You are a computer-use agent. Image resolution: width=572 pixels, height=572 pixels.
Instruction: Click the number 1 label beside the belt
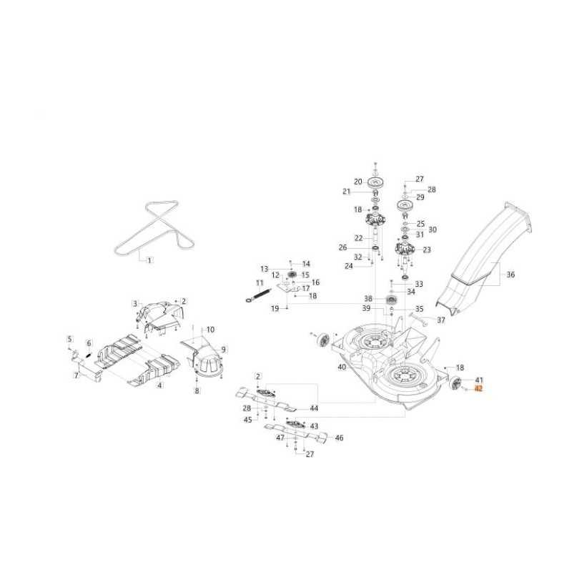pyautogui.click(x=149, y=260)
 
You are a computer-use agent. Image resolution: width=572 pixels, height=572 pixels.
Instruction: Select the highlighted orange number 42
pyautogui.click(x=479, y=389)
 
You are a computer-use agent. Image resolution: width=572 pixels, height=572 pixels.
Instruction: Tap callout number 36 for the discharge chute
pyautogui.click(x=511, y=274)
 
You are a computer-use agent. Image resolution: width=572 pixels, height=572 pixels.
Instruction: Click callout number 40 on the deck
pyautogui.click(x=342, y=367)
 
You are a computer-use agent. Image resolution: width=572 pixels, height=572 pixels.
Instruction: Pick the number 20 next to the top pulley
pyautogui.click(x=358, y=182)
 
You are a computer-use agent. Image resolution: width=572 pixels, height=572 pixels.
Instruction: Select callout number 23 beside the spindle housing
pyautogui.click(x=427, y=250)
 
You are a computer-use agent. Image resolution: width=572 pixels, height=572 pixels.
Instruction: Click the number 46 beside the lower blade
pyautogui.click(x=339, y=438)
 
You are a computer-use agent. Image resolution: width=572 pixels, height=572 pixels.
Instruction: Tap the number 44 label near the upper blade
pyautogui.click(x=314, y=408)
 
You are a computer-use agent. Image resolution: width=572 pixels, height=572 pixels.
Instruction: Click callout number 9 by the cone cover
pyautogui.click(x=223, y=349)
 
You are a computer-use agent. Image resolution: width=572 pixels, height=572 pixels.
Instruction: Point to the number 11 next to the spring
pyautogui.click(x=240, y=284)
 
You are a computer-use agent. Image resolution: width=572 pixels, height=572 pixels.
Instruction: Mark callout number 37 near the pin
pyautogui.click(x=441, y=320)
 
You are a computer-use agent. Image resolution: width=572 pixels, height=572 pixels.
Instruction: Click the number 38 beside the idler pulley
pyautogui.click(x=368, y=298)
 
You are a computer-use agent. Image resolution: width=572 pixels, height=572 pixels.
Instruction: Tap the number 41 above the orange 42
pyautogui.click(x=479, y=380)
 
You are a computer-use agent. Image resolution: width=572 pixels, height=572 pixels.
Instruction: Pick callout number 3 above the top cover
pyautogui.click(x=134, y=303)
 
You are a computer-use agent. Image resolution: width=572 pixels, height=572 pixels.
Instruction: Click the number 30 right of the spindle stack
pyautogui.click(x=432, y=230)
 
